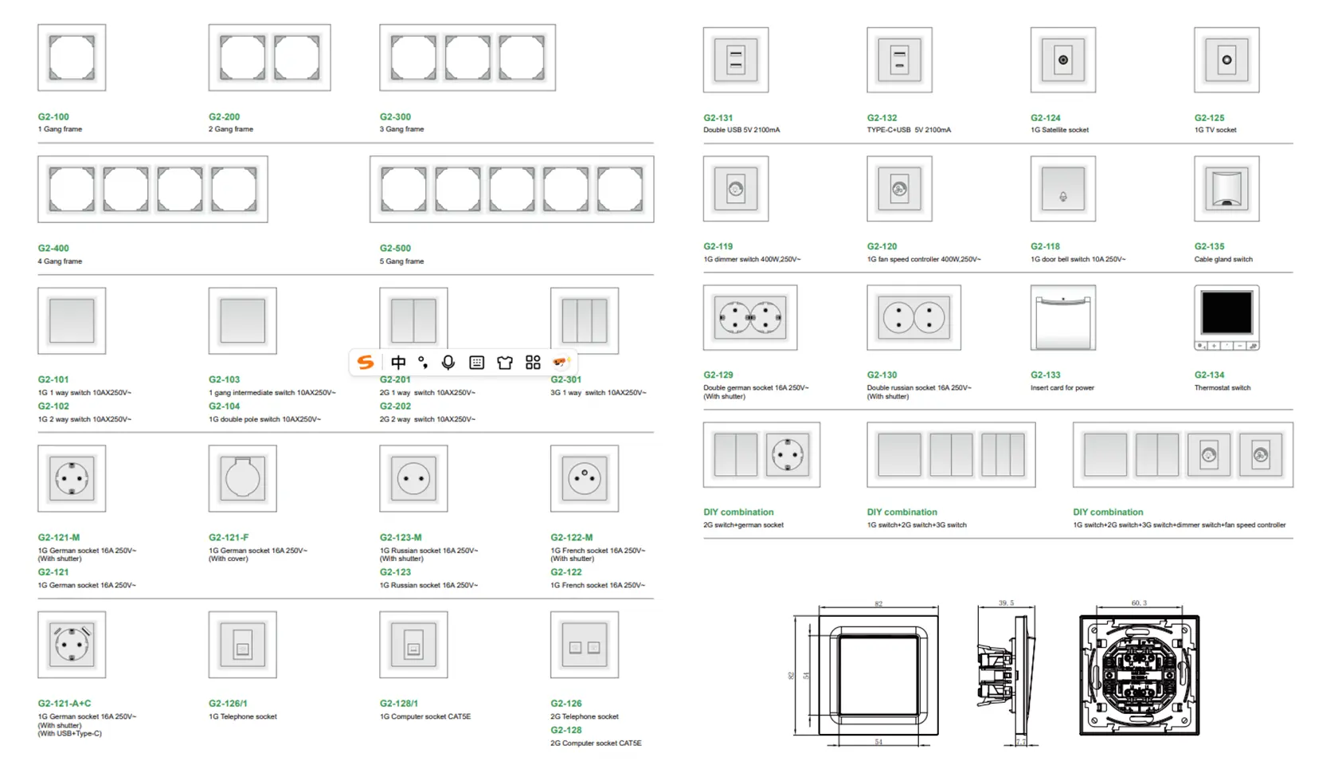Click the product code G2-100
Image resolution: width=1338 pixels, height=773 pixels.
click(53, 116)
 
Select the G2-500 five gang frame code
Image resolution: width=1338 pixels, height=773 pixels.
click(395, 248)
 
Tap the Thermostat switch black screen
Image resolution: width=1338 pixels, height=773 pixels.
click(1226, 312)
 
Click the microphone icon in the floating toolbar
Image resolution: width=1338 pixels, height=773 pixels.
click(448, 363)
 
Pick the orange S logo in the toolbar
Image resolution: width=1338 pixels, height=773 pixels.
click(366, 363)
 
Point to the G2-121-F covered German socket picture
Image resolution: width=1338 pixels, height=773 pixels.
click(242, 478)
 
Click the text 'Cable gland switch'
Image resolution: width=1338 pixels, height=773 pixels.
click(1223, 259)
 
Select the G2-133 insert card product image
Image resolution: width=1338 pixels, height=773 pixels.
click(1062, 318)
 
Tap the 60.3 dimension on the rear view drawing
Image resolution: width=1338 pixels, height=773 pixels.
click(1139, 603)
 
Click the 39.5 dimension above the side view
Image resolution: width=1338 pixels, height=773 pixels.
click(1006, 603)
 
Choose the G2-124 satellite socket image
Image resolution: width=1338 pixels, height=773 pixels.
click(1062, 60)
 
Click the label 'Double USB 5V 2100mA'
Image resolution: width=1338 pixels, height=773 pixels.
click(741, 130)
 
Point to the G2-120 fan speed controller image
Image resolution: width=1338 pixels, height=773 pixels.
click(899, 189)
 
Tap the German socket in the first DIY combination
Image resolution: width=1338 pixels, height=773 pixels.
click(788, 454)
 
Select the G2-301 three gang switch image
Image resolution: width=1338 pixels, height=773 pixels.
click(584, 320)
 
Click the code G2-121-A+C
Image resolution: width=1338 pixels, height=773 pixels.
click(65, 703)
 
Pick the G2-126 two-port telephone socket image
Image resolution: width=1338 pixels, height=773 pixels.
click(584, 645)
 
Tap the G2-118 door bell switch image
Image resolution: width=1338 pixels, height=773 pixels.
click(1062, 189)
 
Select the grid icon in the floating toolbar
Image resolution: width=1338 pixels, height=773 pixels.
click(533, 363)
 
